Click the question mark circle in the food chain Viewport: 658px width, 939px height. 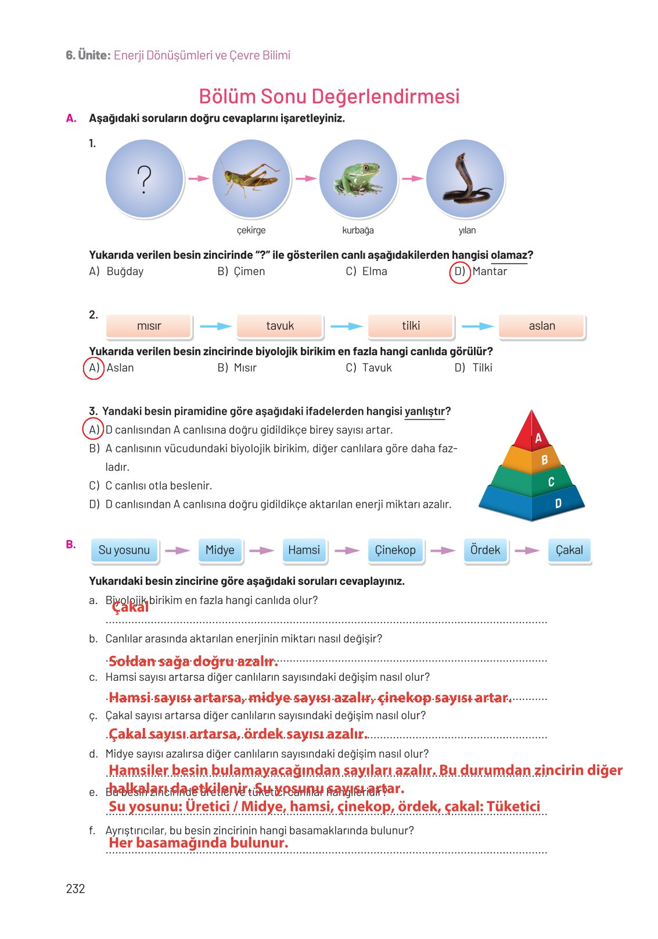[145, 179]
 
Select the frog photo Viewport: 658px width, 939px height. [358, 179]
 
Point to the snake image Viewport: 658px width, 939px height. [465, 179]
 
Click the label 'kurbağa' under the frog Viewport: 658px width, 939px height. [358, 230]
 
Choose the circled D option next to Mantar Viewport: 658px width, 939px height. [460, 272]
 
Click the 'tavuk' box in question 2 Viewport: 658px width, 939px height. [280, 326]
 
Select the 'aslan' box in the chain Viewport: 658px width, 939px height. [542, 326]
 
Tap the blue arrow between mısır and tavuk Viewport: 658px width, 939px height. [215, 327]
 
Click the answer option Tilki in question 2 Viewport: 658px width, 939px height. [481, 368]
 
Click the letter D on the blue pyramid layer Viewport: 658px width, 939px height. [558, 504]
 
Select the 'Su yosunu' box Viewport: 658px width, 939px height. [124, 550]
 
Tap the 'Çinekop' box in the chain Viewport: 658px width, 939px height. [395, 550]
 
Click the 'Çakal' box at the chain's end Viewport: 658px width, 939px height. [569, 550]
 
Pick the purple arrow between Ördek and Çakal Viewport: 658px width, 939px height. [527, 551]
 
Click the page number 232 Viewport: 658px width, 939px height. [75, 889]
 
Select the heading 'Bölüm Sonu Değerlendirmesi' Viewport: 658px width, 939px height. [329, 97]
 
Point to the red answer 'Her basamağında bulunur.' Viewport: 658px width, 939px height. [198, 843]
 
